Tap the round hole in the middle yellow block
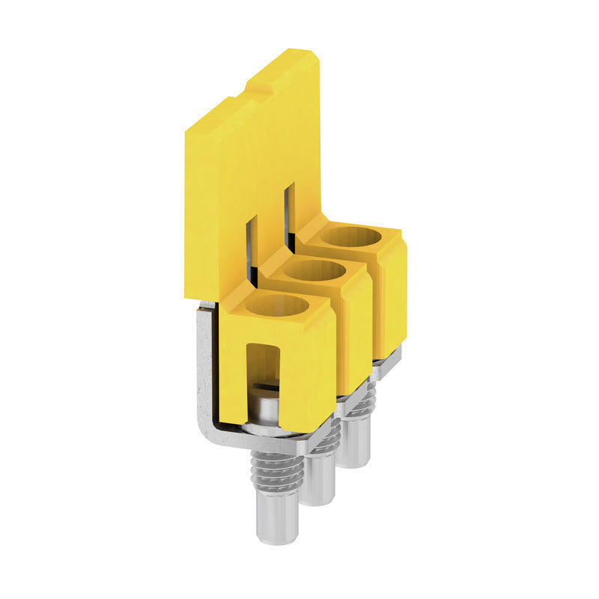[314, 270]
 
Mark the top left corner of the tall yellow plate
[187, 130]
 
